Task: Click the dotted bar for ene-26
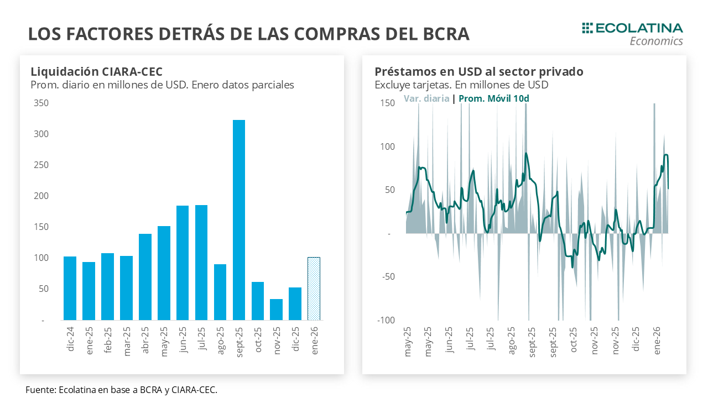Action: coord(314,289)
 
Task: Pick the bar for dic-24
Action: coord(70,288)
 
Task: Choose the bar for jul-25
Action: coord(201,263)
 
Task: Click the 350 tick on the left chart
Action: coord(41,103)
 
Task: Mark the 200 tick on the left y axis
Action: coord(41,196)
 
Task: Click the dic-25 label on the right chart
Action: coord(636,339)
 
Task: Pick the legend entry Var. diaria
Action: coord(426,99)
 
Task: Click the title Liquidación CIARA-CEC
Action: coord(96,71)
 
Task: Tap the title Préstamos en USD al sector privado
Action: coord(478,71)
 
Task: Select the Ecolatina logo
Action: coord(632,33)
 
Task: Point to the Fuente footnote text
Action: coord(121,390)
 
